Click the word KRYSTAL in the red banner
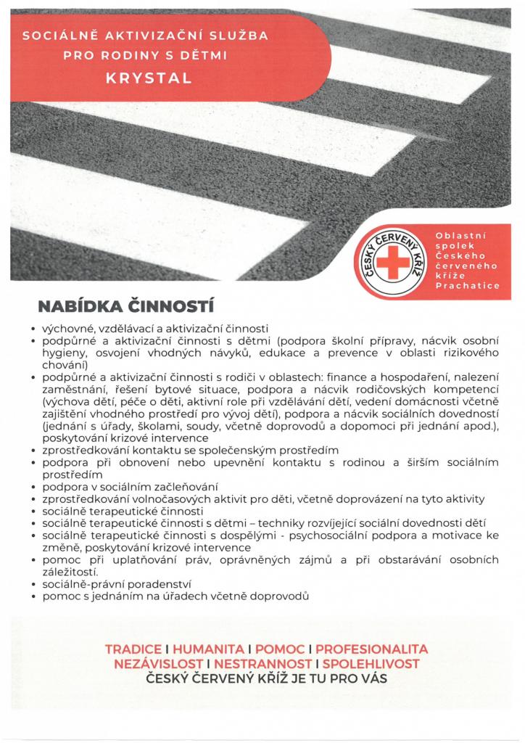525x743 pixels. click(148, 78)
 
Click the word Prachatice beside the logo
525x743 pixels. click(467, 287)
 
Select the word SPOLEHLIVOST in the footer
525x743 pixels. click(371, 663)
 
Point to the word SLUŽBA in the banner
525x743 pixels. click(247, 34)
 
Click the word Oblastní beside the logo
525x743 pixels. click(460, 236)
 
